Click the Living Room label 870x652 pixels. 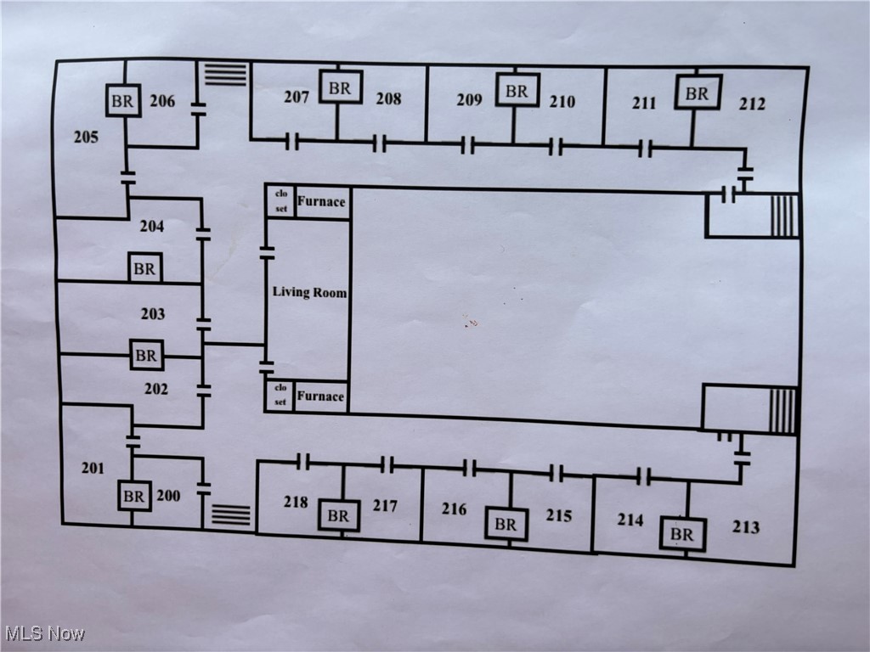point(309,292)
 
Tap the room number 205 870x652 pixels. point(86,137)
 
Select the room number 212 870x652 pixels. point(751,104)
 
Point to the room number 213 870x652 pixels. point(746,527)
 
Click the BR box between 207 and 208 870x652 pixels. point(340,87)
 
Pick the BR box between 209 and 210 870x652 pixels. point(517,90)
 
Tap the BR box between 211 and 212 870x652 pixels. point(698,93)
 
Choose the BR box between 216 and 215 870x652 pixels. point(506,525)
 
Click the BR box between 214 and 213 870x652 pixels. point(682,535)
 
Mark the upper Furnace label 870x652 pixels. point(321,202)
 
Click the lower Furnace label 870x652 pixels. point(320,396)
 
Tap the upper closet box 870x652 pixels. point(280,201)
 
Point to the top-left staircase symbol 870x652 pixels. point(226,74)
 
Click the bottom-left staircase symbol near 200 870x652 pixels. point(231,515)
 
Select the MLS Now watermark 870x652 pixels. point(44,633)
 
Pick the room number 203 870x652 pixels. point(153,314)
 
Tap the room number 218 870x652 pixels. point(296,502)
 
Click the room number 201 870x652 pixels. point(93,468)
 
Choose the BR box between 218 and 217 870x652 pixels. point(338,515)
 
